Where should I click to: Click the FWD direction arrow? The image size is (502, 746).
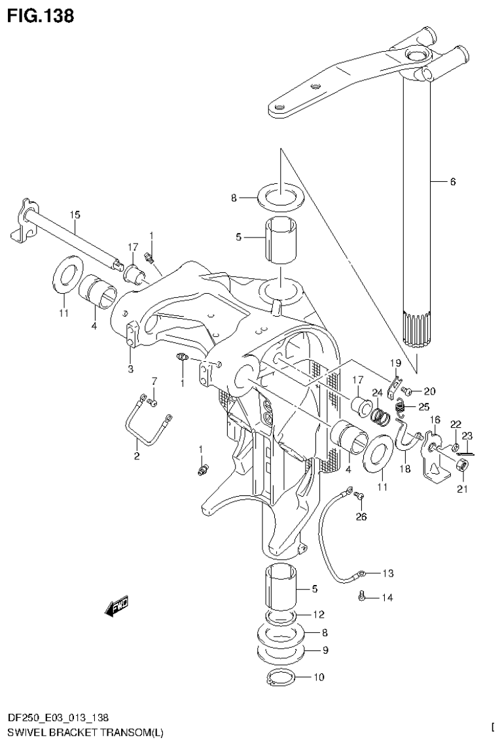tap(117, 607)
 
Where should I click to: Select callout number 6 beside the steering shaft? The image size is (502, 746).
tap(452, 182)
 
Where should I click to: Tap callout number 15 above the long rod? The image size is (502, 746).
tap(75, 214)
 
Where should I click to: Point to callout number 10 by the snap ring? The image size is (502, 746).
tap(319, 677)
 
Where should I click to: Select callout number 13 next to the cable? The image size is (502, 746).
tap(388, 574)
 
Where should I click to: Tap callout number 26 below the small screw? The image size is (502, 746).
tap(361, 517)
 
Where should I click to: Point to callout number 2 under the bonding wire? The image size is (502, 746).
tap(137, 456)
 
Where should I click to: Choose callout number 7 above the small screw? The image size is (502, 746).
tap(154, 381)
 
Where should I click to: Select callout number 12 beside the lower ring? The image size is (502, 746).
tap(319, 614)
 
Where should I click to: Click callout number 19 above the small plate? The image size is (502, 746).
tap(395, 363)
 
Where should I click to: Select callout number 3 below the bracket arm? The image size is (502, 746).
tap(130, 369)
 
